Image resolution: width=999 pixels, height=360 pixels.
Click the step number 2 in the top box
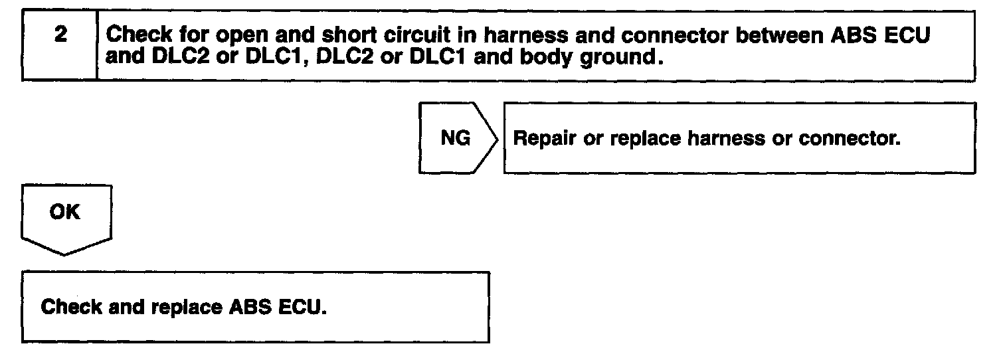tap(60, 35)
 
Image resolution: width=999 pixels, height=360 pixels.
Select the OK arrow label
tap(64, 213)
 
